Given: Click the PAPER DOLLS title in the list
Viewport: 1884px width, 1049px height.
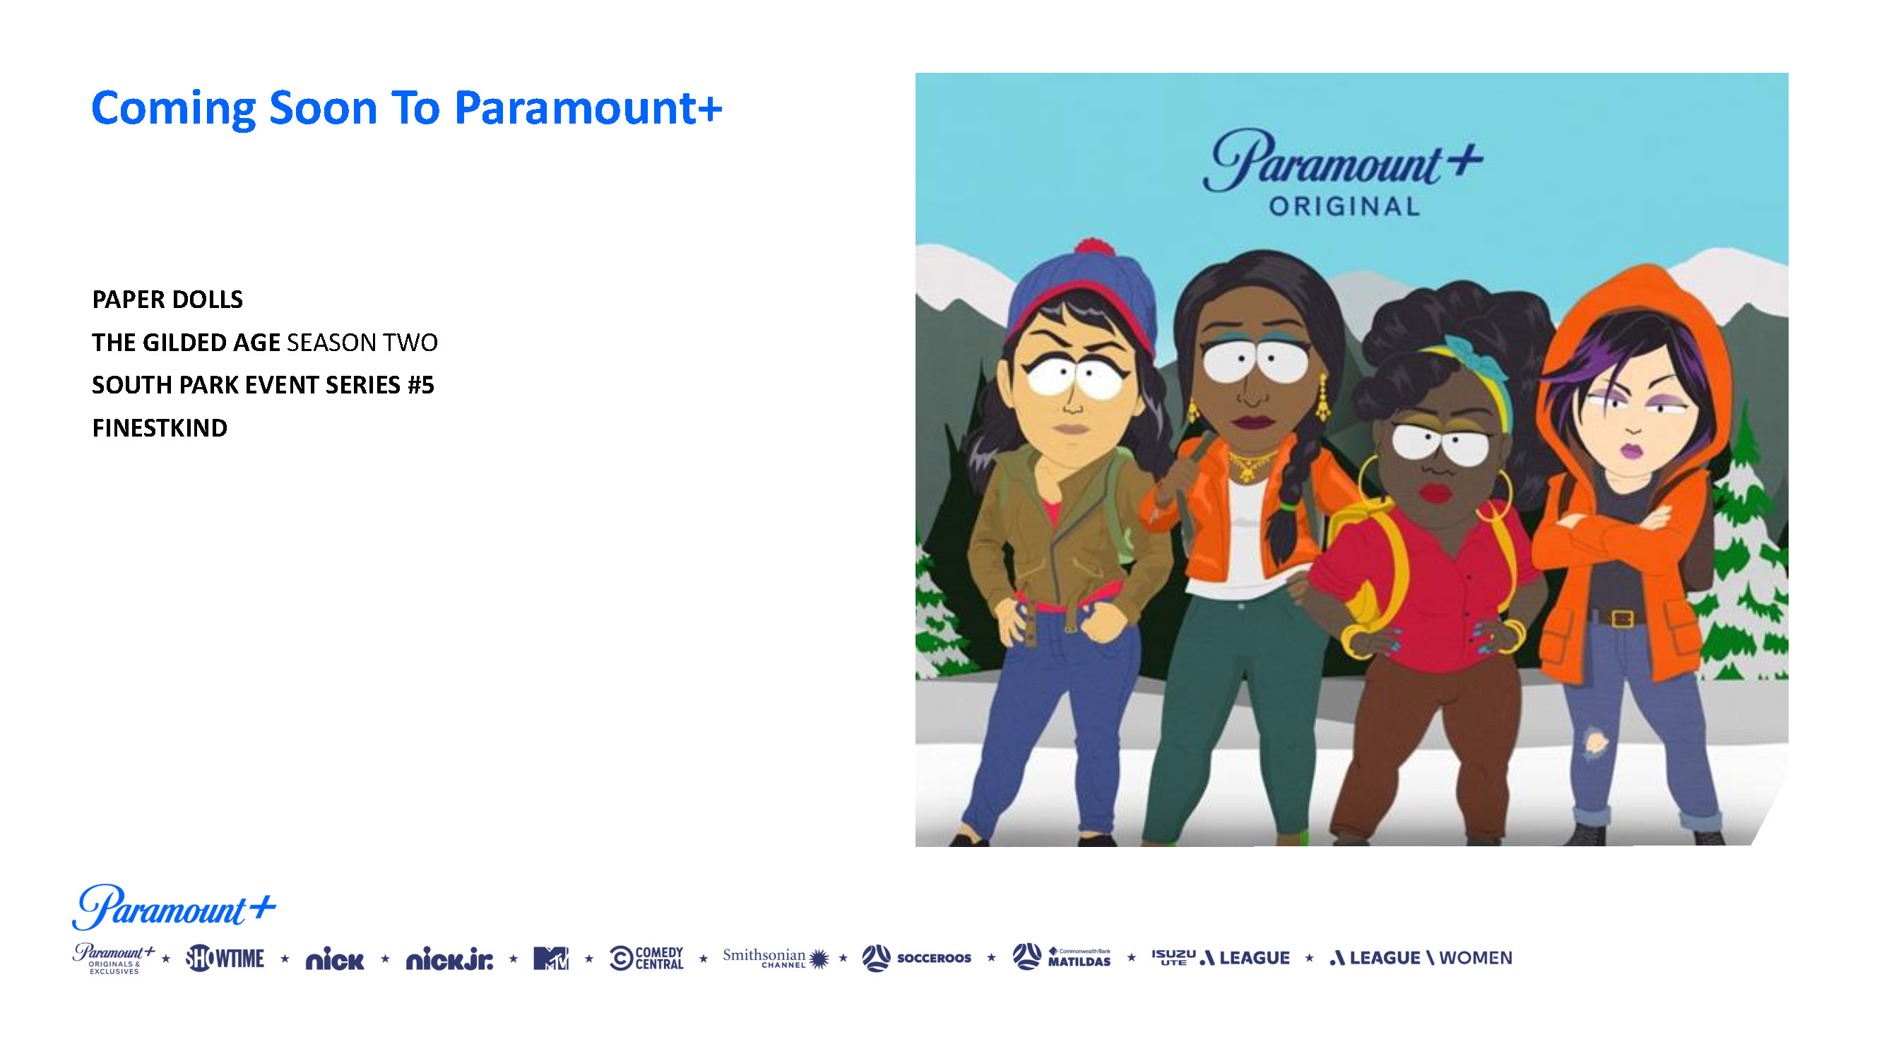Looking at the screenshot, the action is [167, 300].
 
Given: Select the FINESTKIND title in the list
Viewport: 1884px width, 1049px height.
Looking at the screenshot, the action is [160, 428].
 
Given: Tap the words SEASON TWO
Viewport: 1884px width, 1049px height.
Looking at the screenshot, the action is [362, 343].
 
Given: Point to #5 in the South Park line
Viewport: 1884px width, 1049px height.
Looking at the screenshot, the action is [420, 385].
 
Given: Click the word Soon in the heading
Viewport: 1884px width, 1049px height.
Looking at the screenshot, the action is [323, 108].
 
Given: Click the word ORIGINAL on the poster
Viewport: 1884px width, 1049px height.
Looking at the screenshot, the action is [1344, 206].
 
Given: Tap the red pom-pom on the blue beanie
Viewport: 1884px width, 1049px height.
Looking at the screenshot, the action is [1092, 247].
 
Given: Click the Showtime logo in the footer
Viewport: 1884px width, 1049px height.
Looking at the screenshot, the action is [225, 958].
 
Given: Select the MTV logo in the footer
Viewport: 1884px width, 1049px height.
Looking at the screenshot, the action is [551, 959].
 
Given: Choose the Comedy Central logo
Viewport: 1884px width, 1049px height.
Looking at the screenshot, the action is [646, 959].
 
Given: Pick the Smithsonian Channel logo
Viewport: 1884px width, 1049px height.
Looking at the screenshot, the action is [776, 958].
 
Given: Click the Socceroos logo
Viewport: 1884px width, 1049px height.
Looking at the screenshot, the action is [916, 958].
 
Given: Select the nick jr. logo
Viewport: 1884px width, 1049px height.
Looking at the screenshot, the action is [450, 959].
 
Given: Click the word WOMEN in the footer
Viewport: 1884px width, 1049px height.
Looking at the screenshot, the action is [1475, 958].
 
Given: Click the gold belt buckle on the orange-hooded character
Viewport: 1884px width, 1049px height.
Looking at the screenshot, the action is [1622, 618].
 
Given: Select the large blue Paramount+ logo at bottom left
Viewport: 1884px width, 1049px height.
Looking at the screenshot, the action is [174, 907].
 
